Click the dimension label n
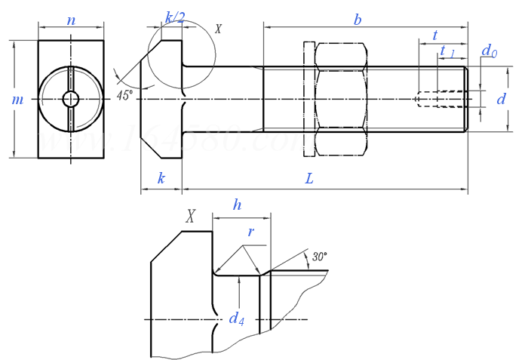point(71,20)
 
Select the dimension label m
point(17,100)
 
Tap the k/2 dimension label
point(175,17)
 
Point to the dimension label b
point(357,20)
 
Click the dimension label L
point(309,179)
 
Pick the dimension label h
point(237,205)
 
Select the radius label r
point(250,232)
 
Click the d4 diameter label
point(236,318)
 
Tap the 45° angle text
point(125,95)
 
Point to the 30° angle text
point(319,257)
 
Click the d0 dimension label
point(490,51)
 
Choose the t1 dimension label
point(447,51)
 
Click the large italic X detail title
point(192,217)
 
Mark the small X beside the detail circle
point(219,29)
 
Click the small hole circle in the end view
point(71,99)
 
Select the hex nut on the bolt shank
point(340,99)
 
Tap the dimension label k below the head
point(161,179)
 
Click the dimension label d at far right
point(500,99)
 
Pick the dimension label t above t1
point(435,35)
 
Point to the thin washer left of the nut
point(309,99)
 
